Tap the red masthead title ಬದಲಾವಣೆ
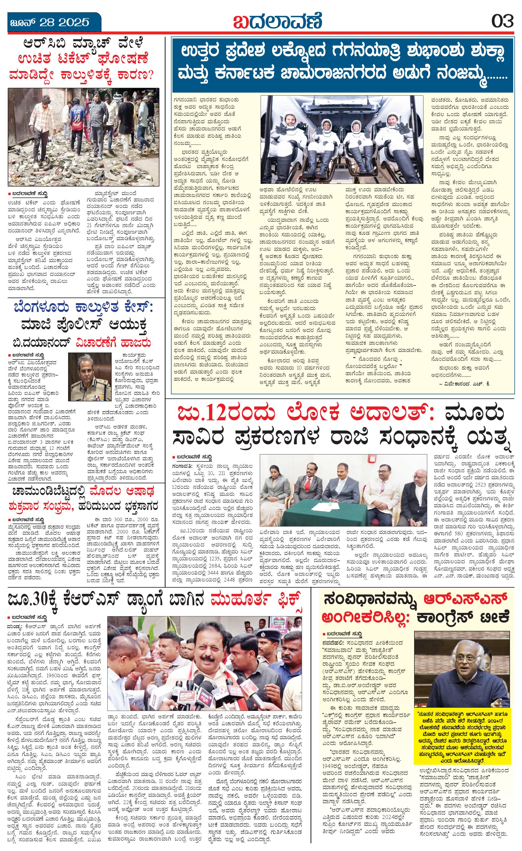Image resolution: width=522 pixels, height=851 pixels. [277, 21]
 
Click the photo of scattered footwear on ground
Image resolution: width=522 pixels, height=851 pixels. [84, 137]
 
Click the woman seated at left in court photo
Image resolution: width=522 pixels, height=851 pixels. [273, 489]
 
